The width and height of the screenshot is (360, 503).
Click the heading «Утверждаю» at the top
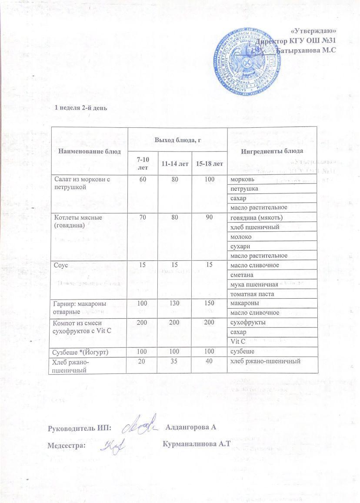click(313, 31)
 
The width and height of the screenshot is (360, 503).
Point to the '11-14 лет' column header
click(175, 163)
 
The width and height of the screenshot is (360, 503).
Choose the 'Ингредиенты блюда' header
click(272, 151)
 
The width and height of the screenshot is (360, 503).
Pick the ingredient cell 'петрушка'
click(244, 189)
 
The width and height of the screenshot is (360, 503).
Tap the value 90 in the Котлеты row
click(209, 217)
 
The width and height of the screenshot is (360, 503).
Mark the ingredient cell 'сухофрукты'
click(247, 323)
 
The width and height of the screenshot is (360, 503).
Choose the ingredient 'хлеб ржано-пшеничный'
click(265, 360)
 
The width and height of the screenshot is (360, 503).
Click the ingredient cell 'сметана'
click(242, 275)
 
